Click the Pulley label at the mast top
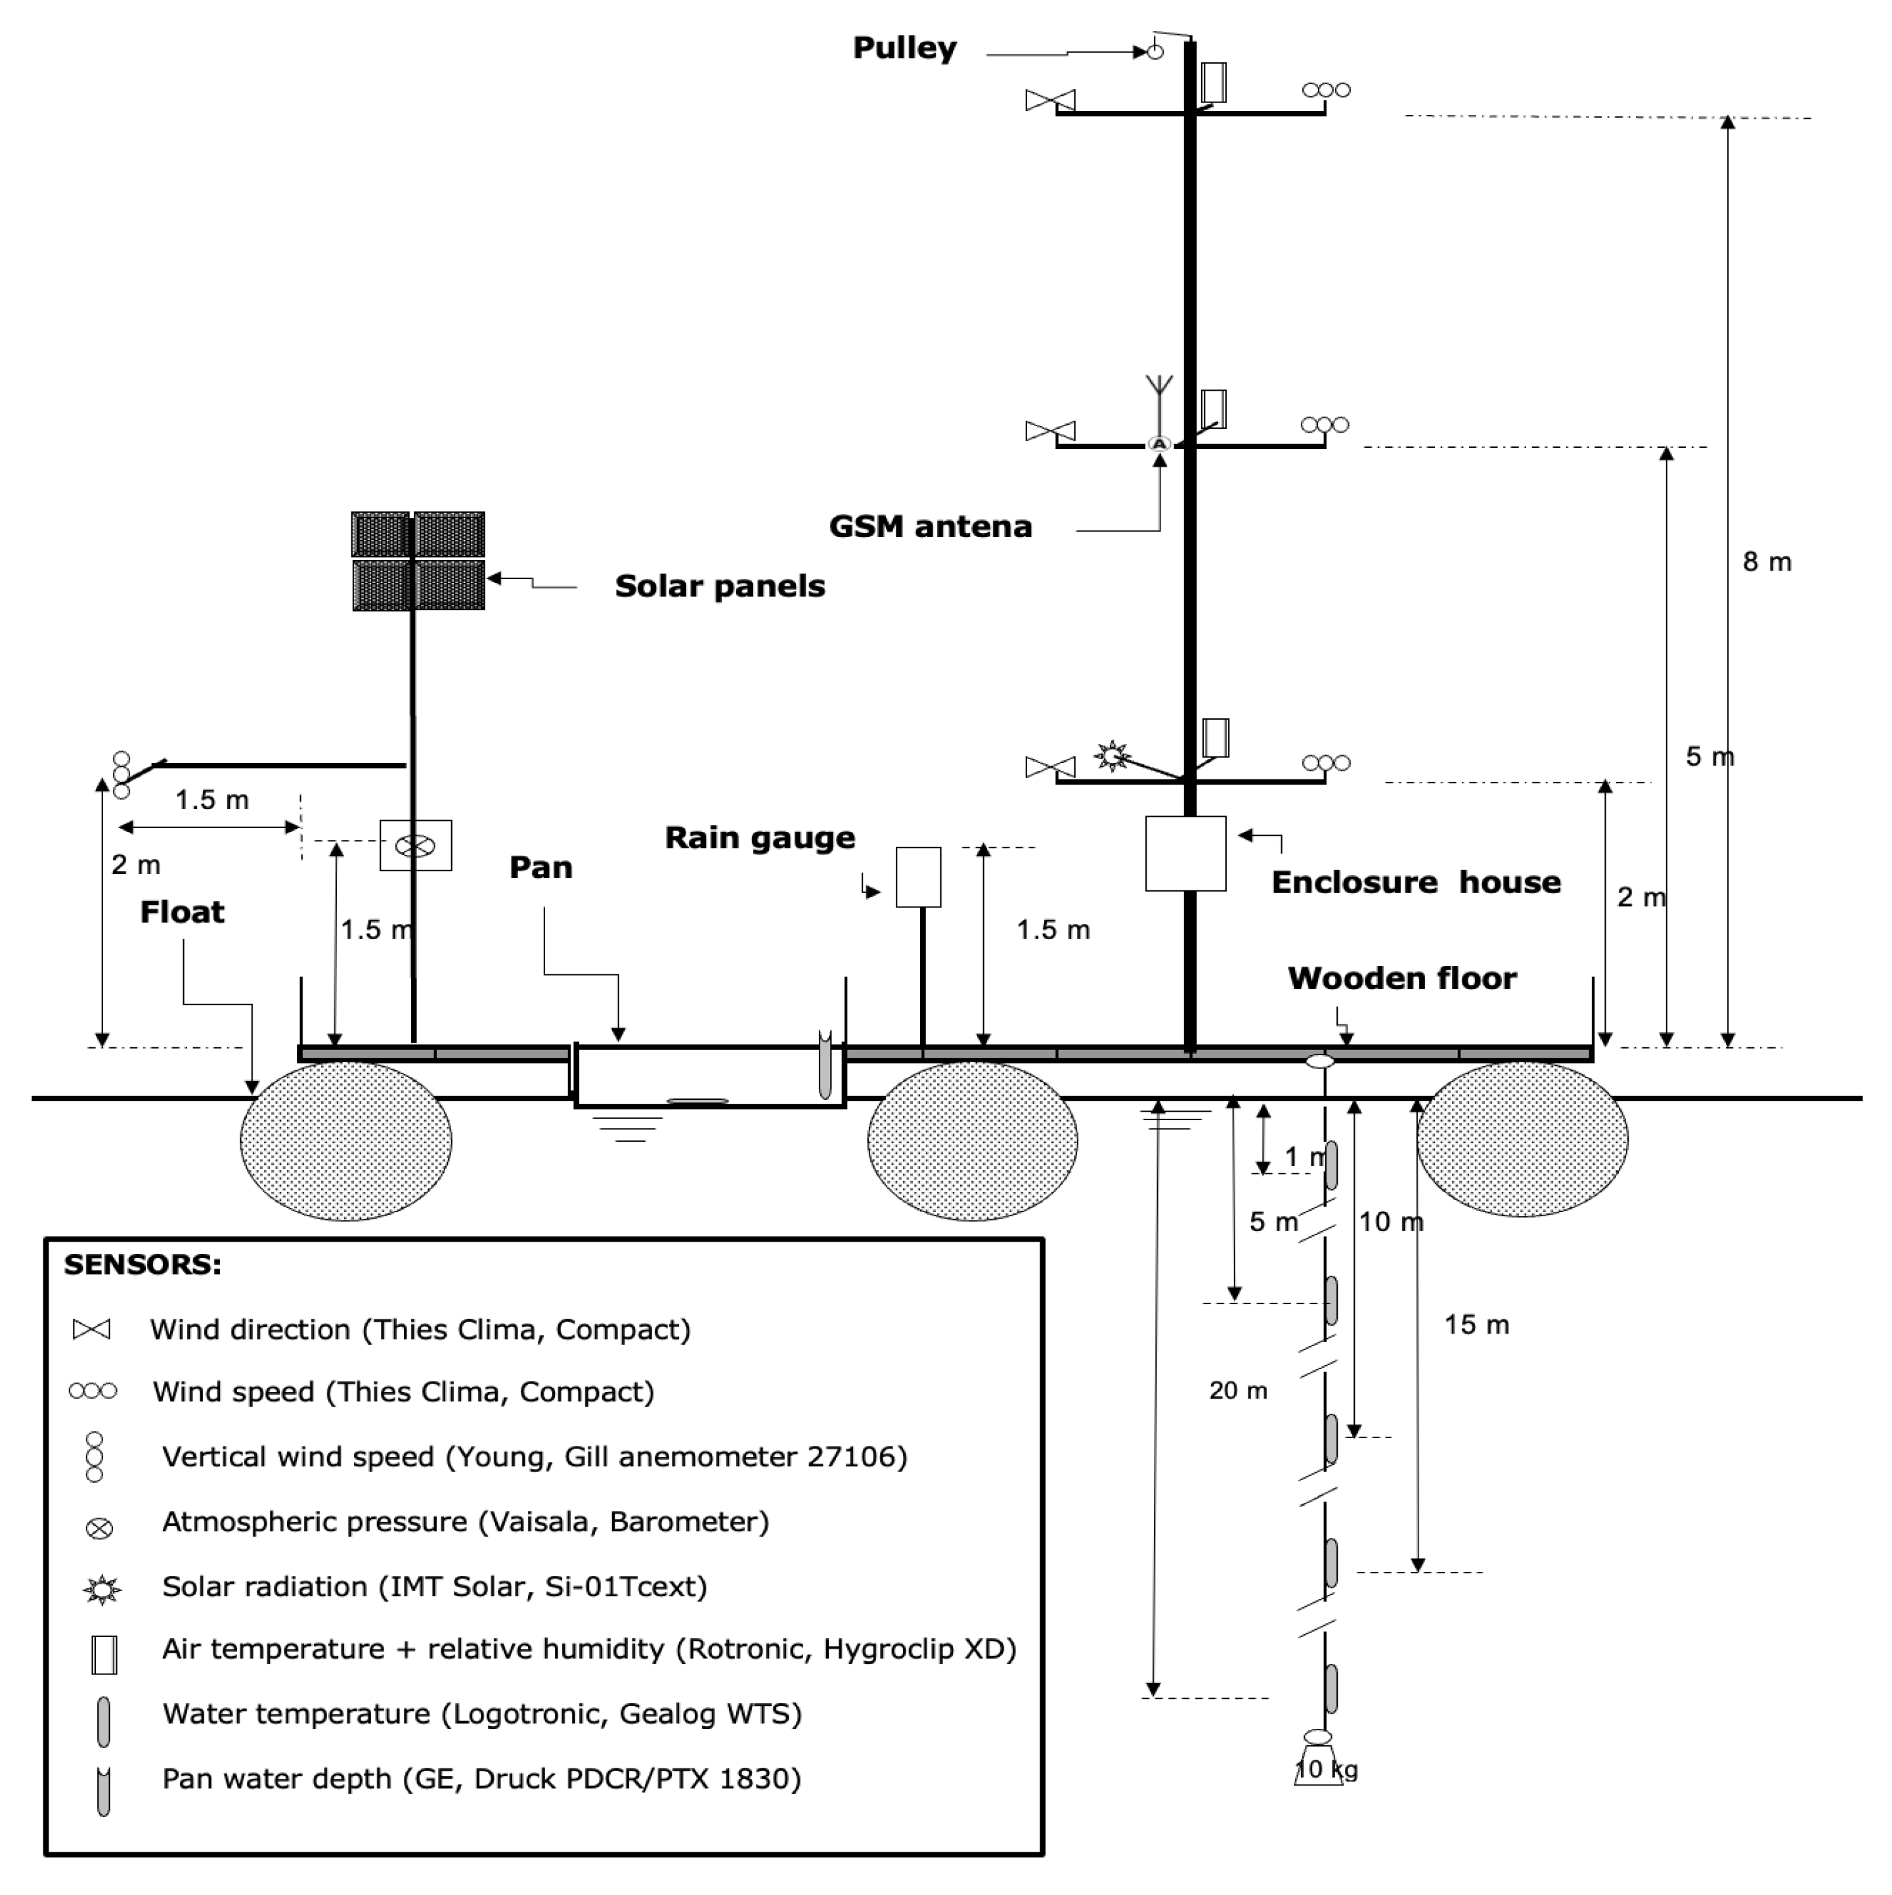[904, 47]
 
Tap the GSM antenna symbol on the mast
[1158, 412]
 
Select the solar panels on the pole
[418, 561]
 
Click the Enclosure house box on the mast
[1185, 854]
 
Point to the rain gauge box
[918, 877]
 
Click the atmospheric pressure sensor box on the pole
[416, 846]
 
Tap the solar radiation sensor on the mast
[1111, 756]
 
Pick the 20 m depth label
[1238, 1391]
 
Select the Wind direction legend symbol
[92, 1330]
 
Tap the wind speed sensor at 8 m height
[1326, 90]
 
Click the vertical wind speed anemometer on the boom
[121, 775]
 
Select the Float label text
[183, 912]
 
